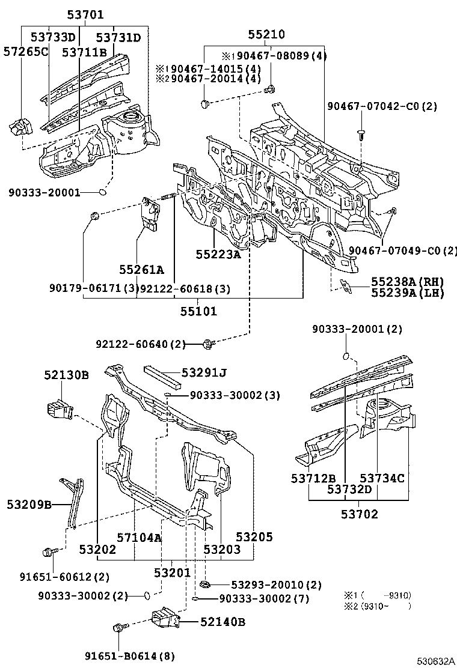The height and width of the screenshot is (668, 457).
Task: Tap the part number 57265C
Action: (25, 52)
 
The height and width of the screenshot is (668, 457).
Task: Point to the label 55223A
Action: (218, 255)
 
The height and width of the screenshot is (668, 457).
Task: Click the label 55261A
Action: (141, 270)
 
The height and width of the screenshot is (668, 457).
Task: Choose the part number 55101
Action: (198, 311)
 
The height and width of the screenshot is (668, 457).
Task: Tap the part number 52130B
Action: (66, 375)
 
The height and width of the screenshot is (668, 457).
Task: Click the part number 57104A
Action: (140, 537)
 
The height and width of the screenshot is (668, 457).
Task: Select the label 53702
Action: (359, 514)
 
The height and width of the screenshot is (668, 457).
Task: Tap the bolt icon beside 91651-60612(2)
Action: (48, 552)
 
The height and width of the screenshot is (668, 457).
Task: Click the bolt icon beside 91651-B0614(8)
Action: (118, 628)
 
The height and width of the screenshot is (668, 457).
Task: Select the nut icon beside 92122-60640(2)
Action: (209, 344)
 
